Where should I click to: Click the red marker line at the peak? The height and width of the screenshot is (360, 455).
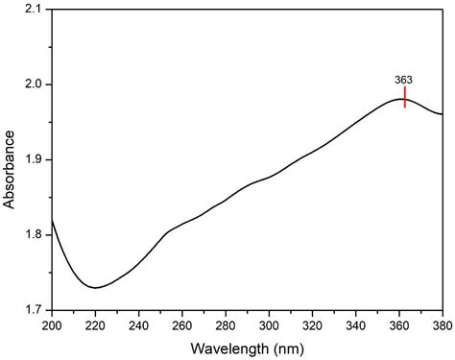click(405, 97)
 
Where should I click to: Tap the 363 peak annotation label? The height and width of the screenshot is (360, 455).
click(404, 80)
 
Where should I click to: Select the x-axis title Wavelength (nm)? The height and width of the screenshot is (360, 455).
click(247, 347)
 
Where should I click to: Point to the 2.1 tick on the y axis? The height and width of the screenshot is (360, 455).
click(32, 9)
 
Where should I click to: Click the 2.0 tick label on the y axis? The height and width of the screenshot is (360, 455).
click(32, 84)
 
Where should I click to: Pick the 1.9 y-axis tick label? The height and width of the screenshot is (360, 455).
click(32, 159)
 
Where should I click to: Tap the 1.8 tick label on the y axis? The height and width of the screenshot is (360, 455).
click(32, 235)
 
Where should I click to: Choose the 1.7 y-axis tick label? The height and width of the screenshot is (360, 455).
click(32, 310)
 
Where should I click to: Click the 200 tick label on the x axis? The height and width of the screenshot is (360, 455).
click(51, 324)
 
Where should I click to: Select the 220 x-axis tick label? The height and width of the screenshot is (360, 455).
click(94, 324)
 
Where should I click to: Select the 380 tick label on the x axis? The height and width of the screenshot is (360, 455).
click(441, 324)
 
